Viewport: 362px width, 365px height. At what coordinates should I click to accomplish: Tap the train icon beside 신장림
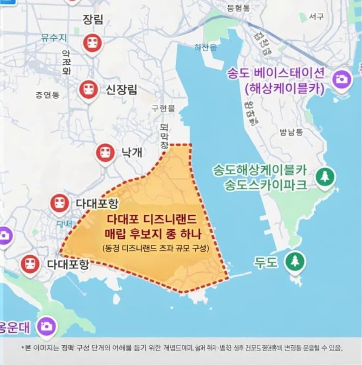pos(89,89)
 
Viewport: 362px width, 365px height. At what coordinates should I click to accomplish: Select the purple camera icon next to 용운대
pos(46,326)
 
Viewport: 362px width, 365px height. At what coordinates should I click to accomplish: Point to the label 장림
pos(93,19)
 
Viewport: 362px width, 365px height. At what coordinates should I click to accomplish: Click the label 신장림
pos(121,89)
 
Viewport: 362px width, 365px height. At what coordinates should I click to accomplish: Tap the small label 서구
pos(316,17)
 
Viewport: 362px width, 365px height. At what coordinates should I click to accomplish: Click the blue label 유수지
pos(54,37)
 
